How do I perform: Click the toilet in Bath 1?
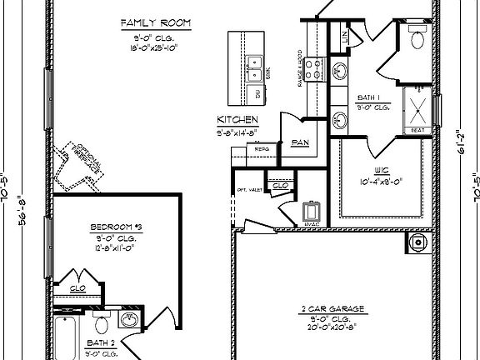point(417,38)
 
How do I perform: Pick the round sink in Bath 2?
point(130,320)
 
